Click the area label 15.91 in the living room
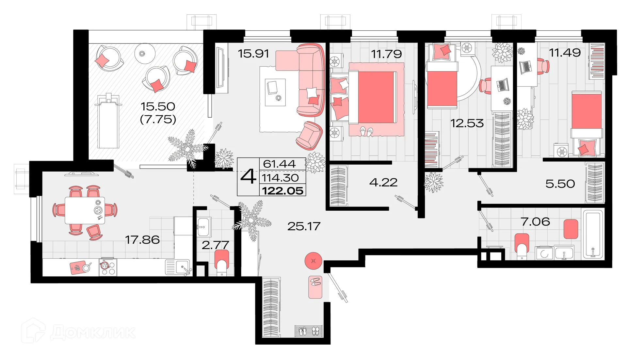point(253,53)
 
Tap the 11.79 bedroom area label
point(386,54)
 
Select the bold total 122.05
point(283,191)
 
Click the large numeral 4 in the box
point(248,177)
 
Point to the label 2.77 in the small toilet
point(215,245)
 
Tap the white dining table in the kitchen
point(85,210)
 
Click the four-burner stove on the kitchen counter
point(107,268)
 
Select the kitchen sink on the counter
point(178,266)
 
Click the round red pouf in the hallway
point(314,260)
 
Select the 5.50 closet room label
point(560,184)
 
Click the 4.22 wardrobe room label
point(383,182)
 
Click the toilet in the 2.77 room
point(222,262)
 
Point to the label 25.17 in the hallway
point(304,226)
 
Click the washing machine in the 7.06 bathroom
point(544,253)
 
